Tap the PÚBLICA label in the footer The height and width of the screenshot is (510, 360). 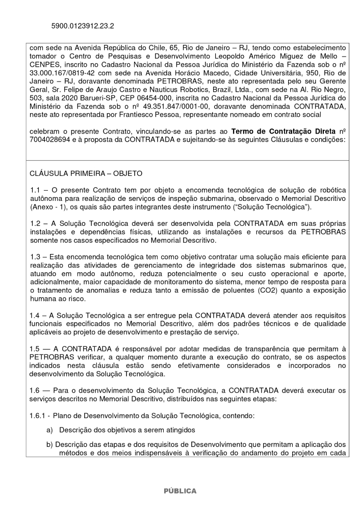180,491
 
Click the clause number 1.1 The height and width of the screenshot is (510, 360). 36,190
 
